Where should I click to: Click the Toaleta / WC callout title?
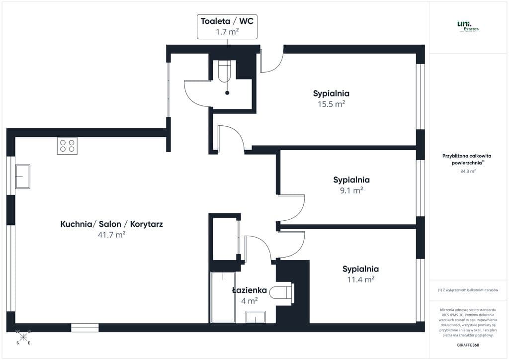227,21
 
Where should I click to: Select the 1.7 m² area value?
227,32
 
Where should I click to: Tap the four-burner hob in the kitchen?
67,146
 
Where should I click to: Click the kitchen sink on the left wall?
22,177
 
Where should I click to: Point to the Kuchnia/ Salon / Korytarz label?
111,224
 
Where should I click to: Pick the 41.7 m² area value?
111,235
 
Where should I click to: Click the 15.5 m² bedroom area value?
331,104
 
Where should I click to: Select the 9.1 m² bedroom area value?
351,190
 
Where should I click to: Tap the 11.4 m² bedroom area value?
360,280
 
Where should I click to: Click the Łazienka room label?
250,290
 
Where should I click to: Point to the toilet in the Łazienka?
282,293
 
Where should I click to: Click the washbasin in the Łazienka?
255,317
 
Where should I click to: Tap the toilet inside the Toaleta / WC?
225,71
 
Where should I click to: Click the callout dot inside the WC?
227,93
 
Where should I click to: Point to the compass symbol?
23,338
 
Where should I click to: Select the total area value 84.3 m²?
468,171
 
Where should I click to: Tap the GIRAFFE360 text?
468,345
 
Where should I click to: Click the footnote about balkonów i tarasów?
468,290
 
